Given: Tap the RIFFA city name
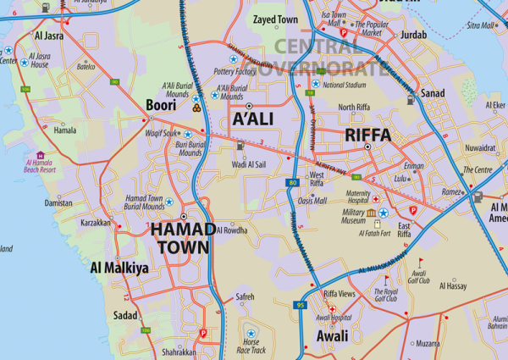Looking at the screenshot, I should click(367, 135).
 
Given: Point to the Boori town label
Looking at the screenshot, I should click(161, 105).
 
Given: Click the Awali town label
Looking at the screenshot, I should click(332, 335).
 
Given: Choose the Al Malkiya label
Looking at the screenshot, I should click(119, 269).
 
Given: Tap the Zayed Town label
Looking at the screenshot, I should click(275, 19).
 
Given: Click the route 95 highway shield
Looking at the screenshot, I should click(301, 305).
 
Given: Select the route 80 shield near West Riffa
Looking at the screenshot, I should click(292, 182).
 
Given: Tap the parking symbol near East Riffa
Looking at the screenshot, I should click(413, 209).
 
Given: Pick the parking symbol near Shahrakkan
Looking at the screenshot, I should click(202, 334).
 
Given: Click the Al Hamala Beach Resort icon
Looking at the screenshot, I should click(40, 155).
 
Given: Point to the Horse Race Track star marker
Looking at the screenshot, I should click(251, 333).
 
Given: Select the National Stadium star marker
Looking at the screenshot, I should click(316, 84).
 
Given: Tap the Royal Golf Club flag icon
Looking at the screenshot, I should click(387, 280).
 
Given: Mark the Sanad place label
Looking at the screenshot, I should click(433, 93).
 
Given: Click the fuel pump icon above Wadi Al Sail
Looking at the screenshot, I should click(240, 146).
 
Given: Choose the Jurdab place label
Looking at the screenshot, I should click(413, 35).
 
